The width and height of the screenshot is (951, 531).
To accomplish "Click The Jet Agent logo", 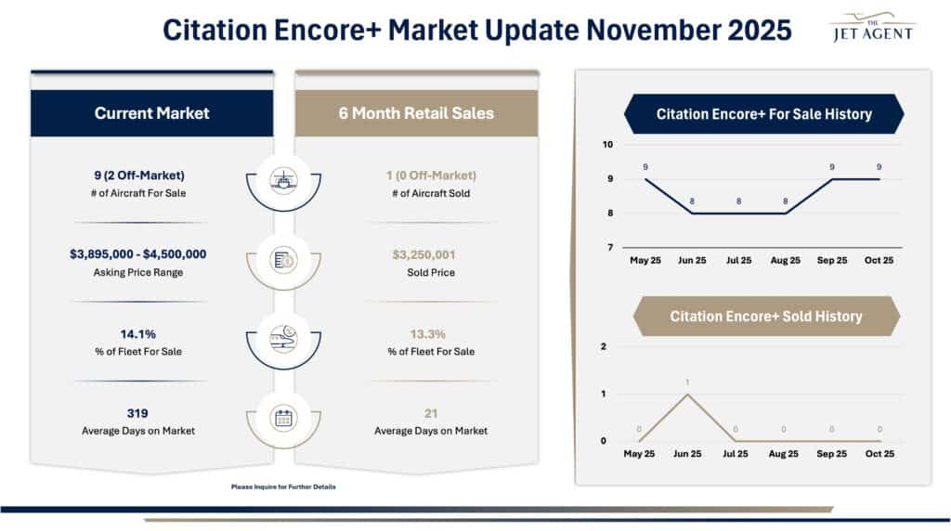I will tap(870, 27).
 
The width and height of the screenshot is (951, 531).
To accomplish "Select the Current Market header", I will tap(151, 113).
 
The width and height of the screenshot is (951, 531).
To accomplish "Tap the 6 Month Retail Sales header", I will tap(416, 113).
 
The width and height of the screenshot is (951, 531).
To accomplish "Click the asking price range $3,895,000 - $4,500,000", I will tap(137, 254).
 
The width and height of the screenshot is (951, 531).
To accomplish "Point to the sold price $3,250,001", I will tap(430, 254).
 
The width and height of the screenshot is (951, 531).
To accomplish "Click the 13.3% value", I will tap(430, 334).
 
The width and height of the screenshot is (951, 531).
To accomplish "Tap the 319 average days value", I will tap(137, 413).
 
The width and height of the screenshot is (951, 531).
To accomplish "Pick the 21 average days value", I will tap(430, 413).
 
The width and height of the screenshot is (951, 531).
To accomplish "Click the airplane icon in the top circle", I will tap(283, 179).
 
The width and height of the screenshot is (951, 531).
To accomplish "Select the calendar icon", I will tap(283, 418).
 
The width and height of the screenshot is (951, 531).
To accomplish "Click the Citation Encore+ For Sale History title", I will tap(763, 114).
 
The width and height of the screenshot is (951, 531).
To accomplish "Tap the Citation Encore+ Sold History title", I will tap(765, 317).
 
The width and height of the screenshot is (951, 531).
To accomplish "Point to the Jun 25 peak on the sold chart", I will tap(686, 394).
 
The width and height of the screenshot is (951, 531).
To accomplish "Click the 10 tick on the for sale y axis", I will tap(607, 145).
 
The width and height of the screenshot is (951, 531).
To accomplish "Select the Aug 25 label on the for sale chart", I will tap(785, 261).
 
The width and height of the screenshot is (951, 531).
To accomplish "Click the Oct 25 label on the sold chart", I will tap(879, 454).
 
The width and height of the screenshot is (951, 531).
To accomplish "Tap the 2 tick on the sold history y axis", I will tap(604, 346).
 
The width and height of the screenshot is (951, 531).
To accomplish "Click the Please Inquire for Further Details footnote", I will tap(283, 486).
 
